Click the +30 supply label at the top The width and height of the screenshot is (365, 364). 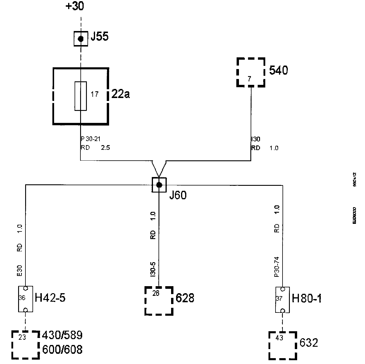pos(75,6)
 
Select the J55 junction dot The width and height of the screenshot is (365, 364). pos(81,39)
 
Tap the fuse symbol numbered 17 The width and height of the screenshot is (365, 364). pos(80,96)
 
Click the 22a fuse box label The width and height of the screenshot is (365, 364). pos(120,94)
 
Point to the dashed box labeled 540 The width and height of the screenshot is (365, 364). pos(251,72)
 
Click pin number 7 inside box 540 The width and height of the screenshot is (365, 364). pos(249,79)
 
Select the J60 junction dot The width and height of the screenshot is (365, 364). pos(159,185)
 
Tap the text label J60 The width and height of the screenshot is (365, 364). pos(178,195)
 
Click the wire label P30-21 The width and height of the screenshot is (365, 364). pos(91,139)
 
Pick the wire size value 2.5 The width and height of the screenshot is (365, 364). pos(105,148)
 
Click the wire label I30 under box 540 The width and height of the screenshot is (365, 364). pos(255,139)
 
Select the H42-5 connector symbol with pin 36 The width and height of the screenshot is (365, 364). pos(25,299)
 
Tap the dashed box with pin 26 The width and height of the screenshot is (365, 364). pos(159,301)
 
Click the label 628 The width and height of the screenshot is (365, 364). pos(185,298)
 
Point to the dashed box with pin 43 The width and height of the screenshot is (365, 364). pos(283,345)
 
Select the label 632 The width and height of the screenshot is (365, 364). pos(309,343)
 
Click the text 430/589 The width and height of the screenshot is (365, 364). pos(63,335)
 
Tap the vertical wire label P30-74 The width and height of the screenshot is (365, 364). pos(277,267)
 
